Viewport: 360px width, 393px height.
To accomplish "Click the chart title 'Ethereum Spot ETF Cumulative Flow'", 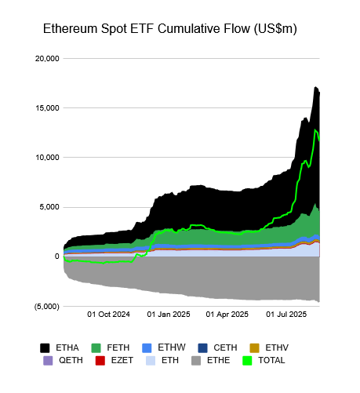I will [x=169, y=28].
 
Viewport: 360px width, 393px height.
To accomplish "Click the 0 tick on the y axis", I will [x=56, y=257].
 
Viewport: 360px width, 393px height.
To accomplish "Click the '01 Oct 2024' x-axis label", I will [x=108, y=315].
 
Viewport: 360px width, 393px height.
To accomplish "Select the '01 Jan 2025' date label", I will [x=168, y=315].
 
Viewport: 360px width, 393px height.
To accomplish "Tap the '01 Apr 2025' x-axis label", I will [x=227, y=315].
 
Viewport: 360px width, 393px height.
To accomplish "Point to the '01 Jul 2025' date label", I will [x=285, y=315].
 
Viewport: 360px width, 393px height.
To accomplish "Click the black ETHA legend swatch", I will [x=45, y=347].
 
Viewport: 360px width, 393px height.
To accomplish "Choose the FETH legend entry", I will [x=111, y=347].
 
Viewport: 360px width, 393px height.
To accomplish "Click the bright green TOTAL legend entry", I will [x=264, y=360].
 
